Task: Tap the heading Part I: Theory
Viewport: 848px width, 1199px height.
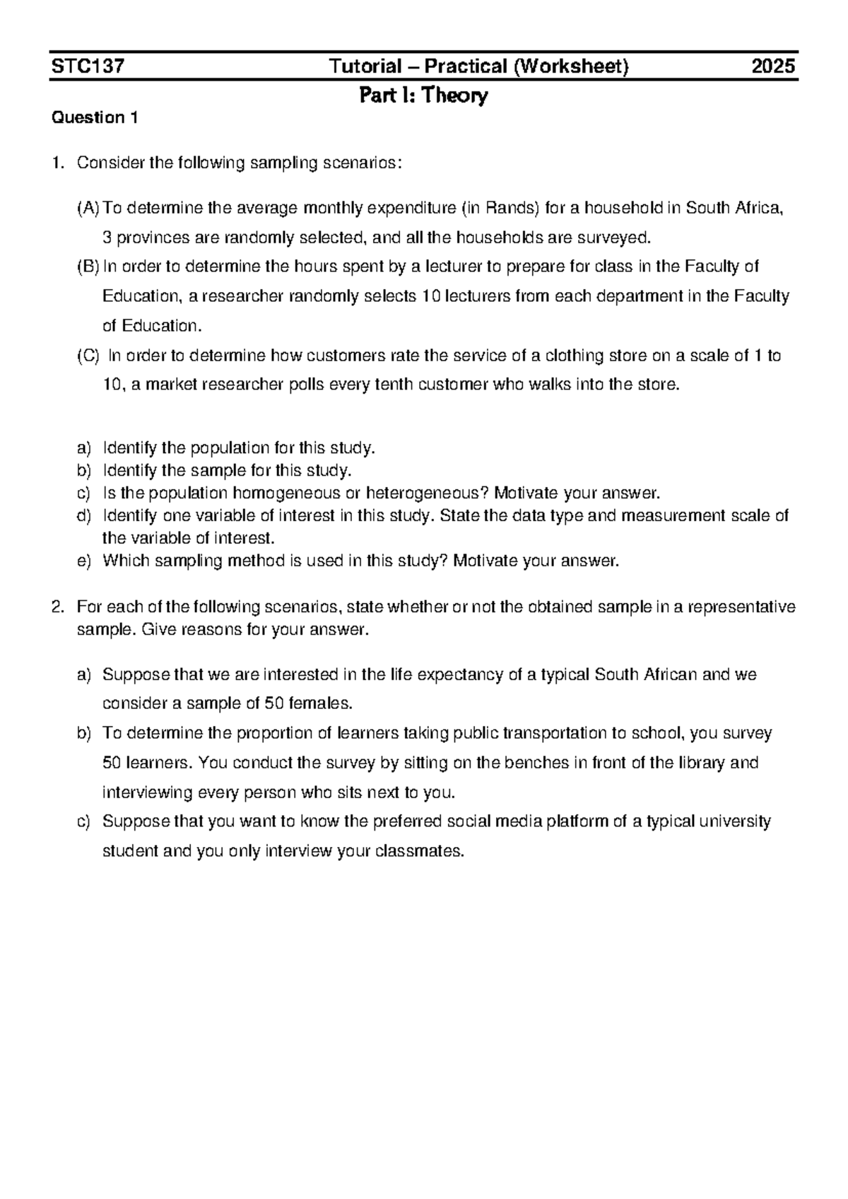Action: [423, 95]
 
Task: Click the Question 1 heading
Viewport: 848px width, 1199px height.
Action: [95, 117]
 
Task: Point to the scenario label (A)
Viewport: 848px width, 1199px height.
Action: [88, 208]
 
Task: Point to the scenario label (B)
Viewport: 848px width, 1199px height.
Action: [88, 267]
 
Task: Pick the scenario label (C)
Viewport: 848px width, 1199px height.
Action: [88, 356]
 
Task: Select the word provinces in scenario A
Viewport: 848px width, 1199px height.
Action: [150, 238]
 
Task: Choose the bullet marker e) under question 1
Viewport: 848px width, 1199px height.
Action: [84, 561]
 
